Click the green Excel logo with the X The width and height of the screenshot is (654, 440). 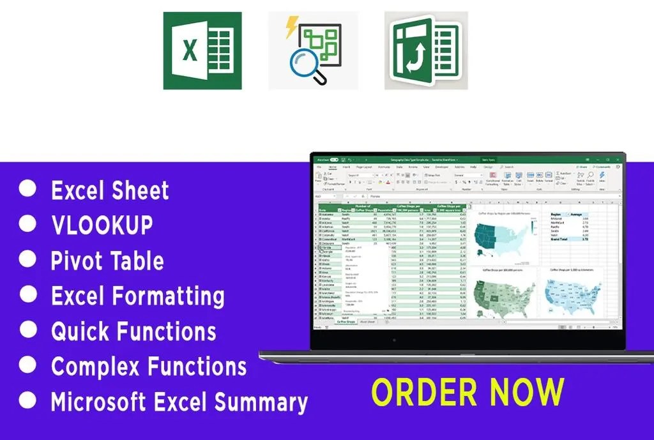202,50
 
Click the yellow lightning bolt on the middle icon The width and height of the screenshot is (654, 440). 291,27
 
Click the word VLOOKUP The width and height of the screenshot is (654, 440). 102,225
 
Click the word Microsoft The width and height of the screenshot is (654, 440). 105,402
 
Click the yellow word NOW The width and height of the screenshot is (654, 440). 516,392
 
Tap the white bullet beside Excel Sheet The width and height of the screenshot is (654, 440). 27,189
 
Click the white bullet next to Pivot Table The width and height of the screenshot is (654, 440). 27,259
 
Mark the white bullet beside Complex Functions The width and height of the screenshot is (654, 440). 27,365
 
